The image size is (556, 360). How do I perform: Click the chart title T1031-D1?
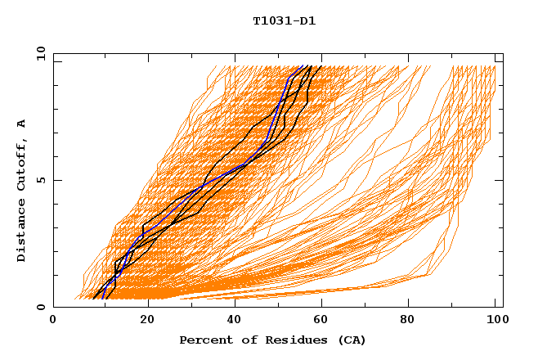click(x=285, y=20)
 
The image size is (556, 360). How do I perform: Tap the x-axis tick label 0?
click(x=53, y=321)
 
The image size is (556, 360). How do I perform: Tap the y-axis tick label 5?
click(x=41, y=180)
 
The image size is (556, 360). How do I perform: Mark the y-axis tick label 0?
click(x=41, y=307)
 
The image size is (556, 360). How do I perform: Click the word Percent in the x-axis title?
click(x=204, y=340)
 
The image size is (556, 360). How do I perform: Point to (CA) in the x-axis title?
click(x=349, y=340)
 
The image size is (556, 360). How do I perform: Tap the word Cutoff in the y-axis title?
click(x=22, y=164)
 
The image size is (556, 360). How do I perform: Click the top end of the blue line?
click(x=303, y=66)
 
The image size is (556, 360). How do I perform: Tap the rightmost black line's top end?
click(x=321, y=66)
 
